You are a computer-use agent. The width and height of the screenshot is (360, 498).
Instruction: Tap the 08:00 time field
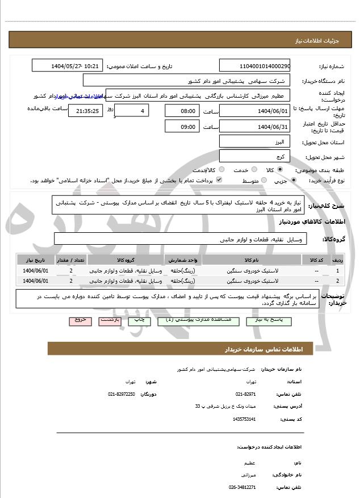(182, 111)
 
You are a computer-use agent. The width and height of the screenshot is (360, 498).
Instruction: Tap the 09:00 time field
(182, 126)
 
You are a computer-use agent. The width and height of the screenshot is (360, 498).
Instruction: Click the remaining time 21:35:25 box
(85, 111)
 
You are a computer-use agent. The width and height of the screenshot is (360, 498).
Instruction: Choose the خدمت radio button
(253, 170)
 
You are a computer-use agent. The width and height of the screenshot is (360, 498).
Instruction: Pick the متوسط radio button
(263, 181)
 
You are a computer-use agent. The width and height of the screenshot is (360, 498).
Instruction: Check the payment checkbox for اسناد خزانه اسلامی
(219, 180)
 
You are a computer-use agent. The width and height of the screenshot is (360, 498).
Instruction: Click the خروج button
(80, 320)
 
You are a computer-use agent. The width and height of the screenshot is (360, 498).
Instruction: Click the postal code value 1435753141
(245, 419)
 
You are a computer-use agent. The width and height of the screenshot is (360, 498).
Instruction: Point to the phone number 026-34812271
(242, 487)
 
